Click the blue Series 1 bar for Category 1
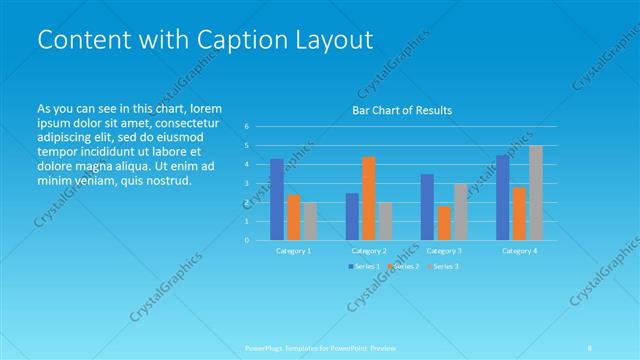(x=277, y=200)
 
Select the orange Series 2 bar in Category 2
(x=368, y=198)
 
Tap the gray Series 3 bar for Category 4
(x=536, y=193)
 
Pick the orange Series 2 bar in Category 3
(x=444, y=223)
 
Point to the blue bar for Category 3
(x=427, y=207)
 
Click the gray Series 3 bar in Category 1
(x=309, y=221)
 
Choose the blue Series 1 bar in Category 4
(x=503, y=198)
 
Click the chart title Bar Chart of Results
(x=402, y=110)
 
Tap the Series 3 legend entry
(x=446, y=266)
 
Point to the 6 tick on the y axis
(x=247, y=127)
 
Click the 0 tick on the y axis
(x=247, y=240)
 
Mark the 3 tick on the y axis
(x=247, y=184)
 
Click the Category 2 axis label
(x=369, y=250)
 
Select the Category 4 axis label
(x=520, y=250)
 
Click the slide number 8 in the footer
(x=590, y=347)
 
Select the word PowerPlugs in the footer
(x=265, y=347)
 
